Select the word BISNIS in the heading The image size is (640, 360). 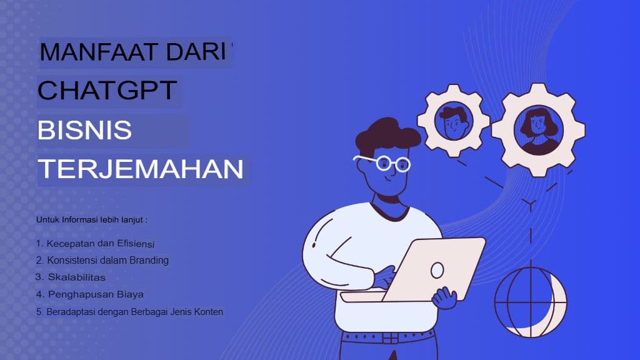point(84,131)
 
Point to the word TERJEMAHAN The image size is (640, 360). point(141,169)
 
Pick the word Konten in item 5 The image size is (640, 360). point(209,311)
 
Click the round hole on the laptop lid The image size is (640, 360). point(437,270)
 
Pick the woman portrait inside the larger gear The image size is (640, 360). point(538,130)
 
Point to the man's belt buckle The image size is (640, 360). point(391,338)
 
